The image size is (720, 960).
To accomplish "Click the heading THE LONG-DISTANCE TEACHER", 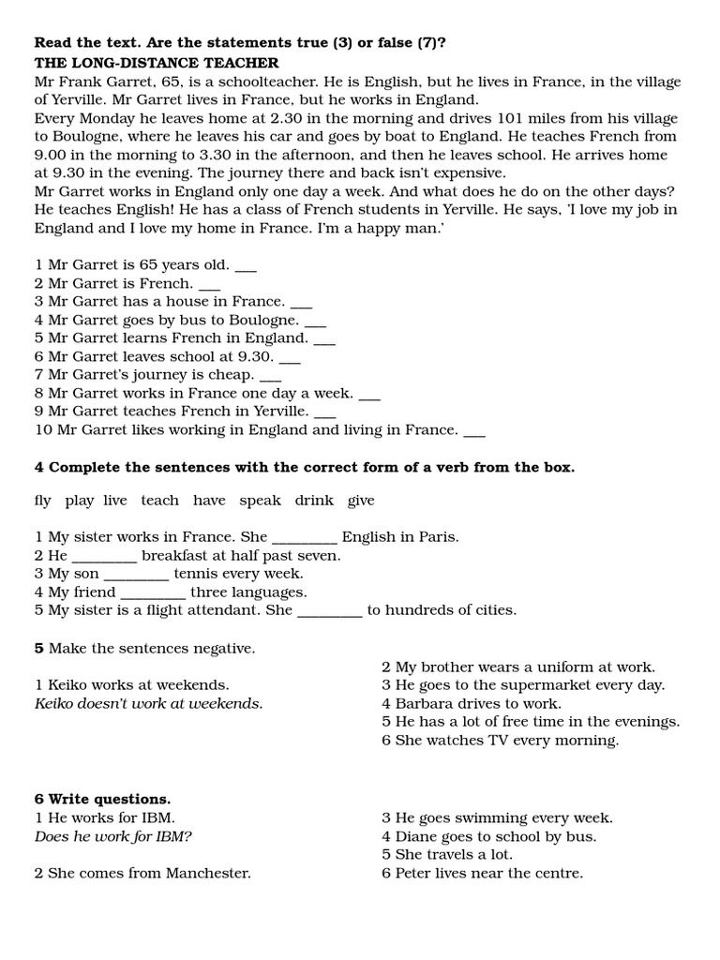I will pos(157,63).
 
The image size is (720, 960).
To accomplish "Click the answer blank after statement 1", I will pos(246,266).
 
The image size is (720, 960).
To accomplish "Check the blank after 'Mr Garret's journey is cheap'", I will pos(270,375).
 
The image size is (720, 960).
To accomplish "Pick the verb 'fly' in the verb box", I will pos(42,501).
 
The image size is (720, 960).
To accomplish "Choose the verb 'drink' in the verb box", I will pos(314,501).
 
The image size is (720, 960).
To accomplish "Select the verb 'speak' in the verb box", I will pos(260,501).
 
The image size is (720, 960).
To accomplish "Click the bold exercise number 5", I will pos(39,648).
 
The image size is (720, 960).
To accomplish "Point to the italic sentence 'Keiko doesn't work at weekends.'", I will pos(148,703).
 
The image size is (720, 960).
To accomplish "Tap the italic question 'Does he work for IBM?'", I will pos(119,836).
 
